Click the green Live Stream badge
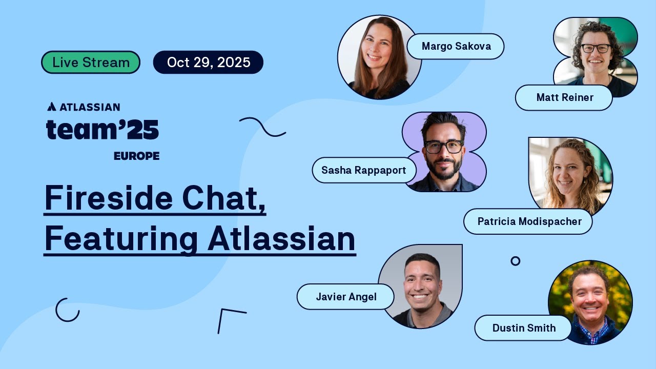click(x=91, y=63)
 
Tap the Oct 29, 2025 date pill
click(x=208, y=63)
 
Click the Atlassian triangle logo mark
click(x=52, y=107)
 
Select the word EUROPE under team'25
click(x=136, y=156)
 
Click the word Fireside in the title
click(x=108, y=198)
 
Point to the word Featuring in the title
click(x=121, y=238)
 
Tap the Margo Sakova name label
click(x=456, y=47)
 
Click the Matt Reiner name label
click(x=564, y=97)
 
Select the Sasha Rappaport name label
click(x=363, y=170)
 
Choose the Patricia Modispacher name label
click(x=529, y=221)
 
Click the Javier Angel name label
click(x=346, y=297)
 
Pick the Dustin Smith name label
click(x=523, y=328)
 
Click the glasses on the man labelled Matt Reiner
click(x=596, y=48)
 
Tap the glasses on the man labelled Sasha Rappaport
click(x=443, y=147)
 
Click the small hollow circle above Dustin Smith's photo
click(x=516, y=261)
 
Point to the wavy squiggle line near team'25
click(x=262, y=127)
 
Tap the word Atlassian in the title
click(x=281, y=238)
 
